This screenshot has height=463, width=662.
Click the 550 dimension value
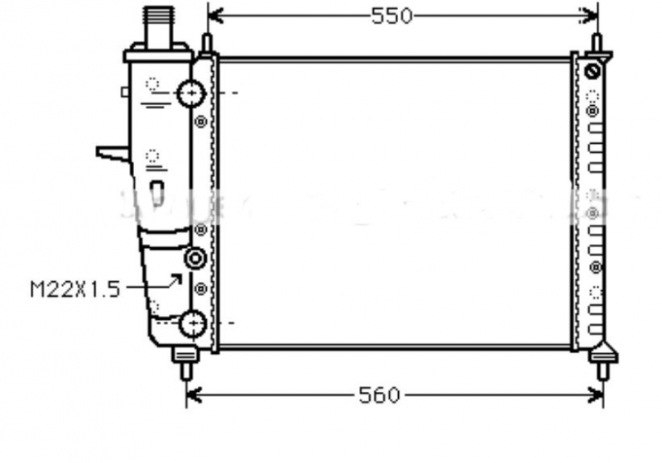coord(392,16)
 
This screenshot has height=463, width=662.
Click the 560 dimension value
coord(379,396)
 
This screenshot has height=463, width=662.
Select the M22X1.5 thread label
coord(75,289)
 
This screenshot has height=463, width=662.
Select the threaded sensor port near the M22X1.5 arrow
coord(196,260)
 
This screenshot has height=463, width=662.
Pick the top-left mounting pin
coord(206,43)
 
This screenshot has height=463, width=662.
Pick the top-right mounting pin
coord(596,43)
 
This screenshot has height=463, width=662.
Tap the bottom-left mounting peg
coord(187,364)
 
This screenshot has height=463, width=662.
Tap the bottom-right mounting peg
coord(602,364)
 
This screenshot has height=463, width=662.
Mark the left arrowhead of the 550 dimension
coord(213,16)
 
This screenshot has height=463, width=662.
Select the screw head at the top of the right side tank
coord(592,72)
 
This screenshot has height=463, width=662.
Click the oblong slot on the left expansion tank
coord(157,192)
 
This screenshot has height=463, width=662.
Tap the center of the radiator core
coord(395,203)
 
